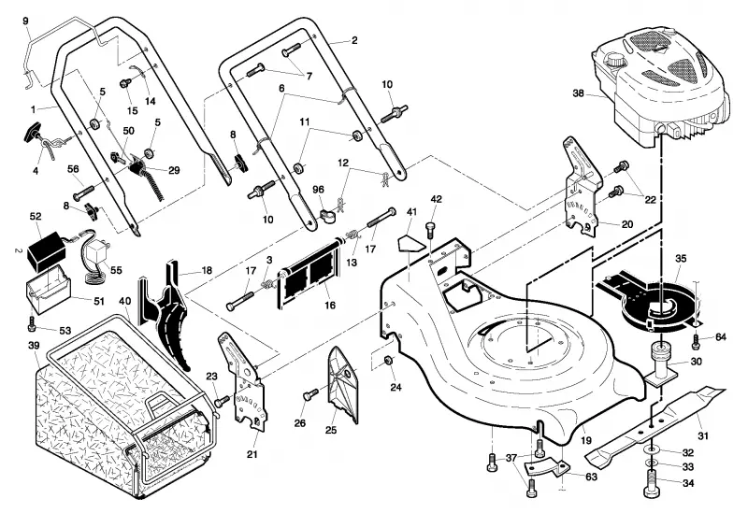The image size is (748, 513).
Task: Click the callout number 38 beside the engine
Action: point(578,93)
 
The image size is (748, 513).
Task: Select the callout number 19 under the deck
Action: point(586,441)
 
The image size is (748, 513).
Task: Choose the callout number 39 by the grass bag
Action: point(34,345)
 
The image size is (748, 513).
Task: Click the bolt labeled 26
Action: point(310,393)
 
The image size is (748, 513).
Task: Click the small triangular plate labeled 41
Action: point(410,243)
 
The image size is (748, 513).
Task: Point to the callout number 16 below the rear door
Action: point(330,306)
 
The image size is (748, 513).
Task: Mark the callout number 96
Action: point(318,190)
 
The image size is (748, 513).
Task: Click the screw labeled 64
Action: point(697,341)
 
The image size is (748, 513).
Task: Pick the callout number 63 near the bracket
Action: point(591,477)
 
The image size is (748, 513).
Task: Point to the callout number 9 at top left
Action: point(25,21)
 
